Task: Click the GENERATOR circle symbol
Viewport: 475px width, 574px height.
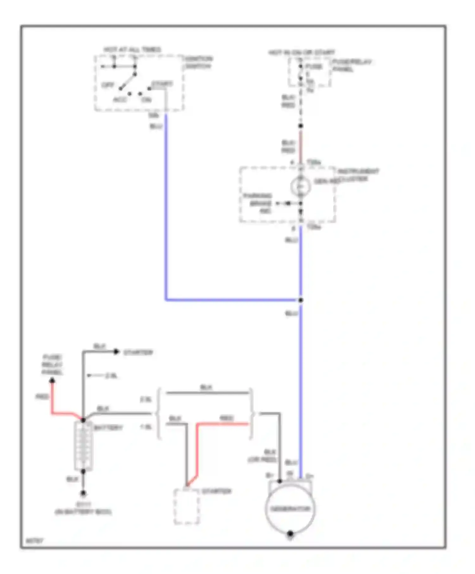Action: coord(290,509)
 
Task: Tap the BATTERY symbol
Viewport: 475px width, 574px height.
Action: coord(83,446)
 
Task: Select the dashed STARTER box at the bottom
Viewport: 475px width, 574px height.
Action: coord(187,507)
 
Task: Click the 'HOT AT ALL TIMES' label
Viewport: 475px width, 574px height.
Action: coord(132,50)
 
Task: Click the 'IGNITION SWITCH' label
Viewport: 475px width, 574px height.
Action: coord(198,62)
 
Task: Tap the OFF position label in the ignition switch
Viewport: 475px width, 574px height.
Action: coord(108,85)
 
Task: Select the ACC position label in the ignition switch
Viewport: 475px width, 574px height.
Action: coord(120,100)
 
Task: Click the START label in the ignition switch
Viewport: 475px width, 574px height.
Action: coord(162,84)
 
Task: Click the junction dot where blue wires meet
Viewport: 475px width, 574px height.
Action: coord(301,300)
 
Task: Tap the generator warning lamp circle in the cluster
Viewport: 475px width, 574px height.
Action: coord(300,186)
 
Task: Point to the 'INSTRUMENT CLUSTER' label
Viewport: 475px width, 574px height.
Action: coord(358,175)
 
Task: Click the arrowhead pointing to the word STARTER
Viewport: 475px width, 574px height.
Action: coord(116,352)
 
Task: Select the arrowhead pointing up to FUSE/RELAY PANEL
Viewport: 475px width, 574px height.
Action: coord(52,380)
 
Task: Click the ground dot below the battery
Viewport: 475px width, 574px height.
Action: coord(83,493)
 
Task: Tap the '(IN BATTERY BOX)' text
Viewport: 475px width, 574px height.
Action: coord(83,512)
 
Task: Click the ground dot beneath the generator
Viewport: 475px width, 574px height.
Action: coord(290,534)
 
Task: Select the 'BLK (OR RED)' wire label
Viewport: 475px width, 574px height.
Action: coord(263,456)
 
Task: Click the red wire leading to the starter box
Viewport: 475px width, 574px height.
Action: coord(197,449)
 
